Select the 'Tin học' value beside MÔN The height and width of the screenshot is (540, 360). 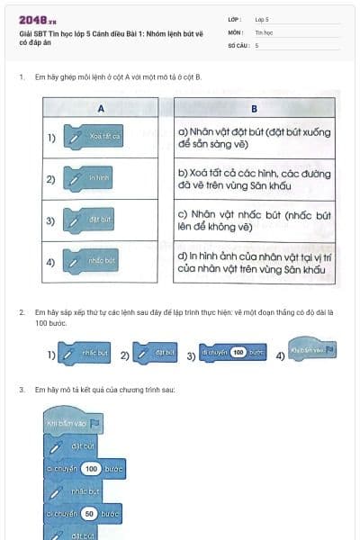[263, 31]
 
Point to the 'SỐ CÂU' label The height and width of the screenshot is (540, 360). [238, 44]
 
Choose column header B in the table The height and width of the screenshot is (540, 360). [254, 110]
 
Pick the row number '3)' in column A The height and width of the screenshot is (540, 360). [51, 220]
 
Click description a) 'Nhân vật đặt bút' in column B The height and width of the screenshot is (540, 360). [252, 138]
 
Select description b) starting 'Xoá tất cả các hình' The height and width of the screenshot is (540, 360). [252, 178]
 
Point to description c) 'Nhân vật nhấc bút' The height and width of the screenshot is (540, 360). [252, 220]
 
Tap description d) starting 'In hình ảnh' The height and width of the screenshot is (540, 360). [252, 262]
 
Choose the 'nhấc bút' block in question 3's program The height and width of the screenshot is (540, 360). [79, 491]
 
